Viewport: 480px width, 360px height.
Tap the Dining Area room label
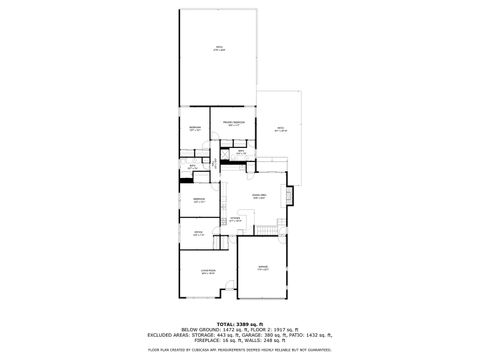[259, 196]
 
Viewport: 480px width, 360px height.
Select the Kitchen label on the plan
[236, 218]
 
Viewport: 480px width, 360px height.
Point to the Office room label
[198, 234]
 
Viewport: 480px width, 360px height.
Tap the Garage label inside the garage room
[263, 267]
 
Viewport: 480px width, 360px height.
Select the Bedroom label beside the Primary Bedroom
[195, 128]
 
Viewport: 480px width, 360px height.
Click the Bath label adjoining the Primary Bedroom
[241, 151]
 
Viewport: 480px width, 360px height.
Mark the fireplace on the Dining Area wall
[289, 197]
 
